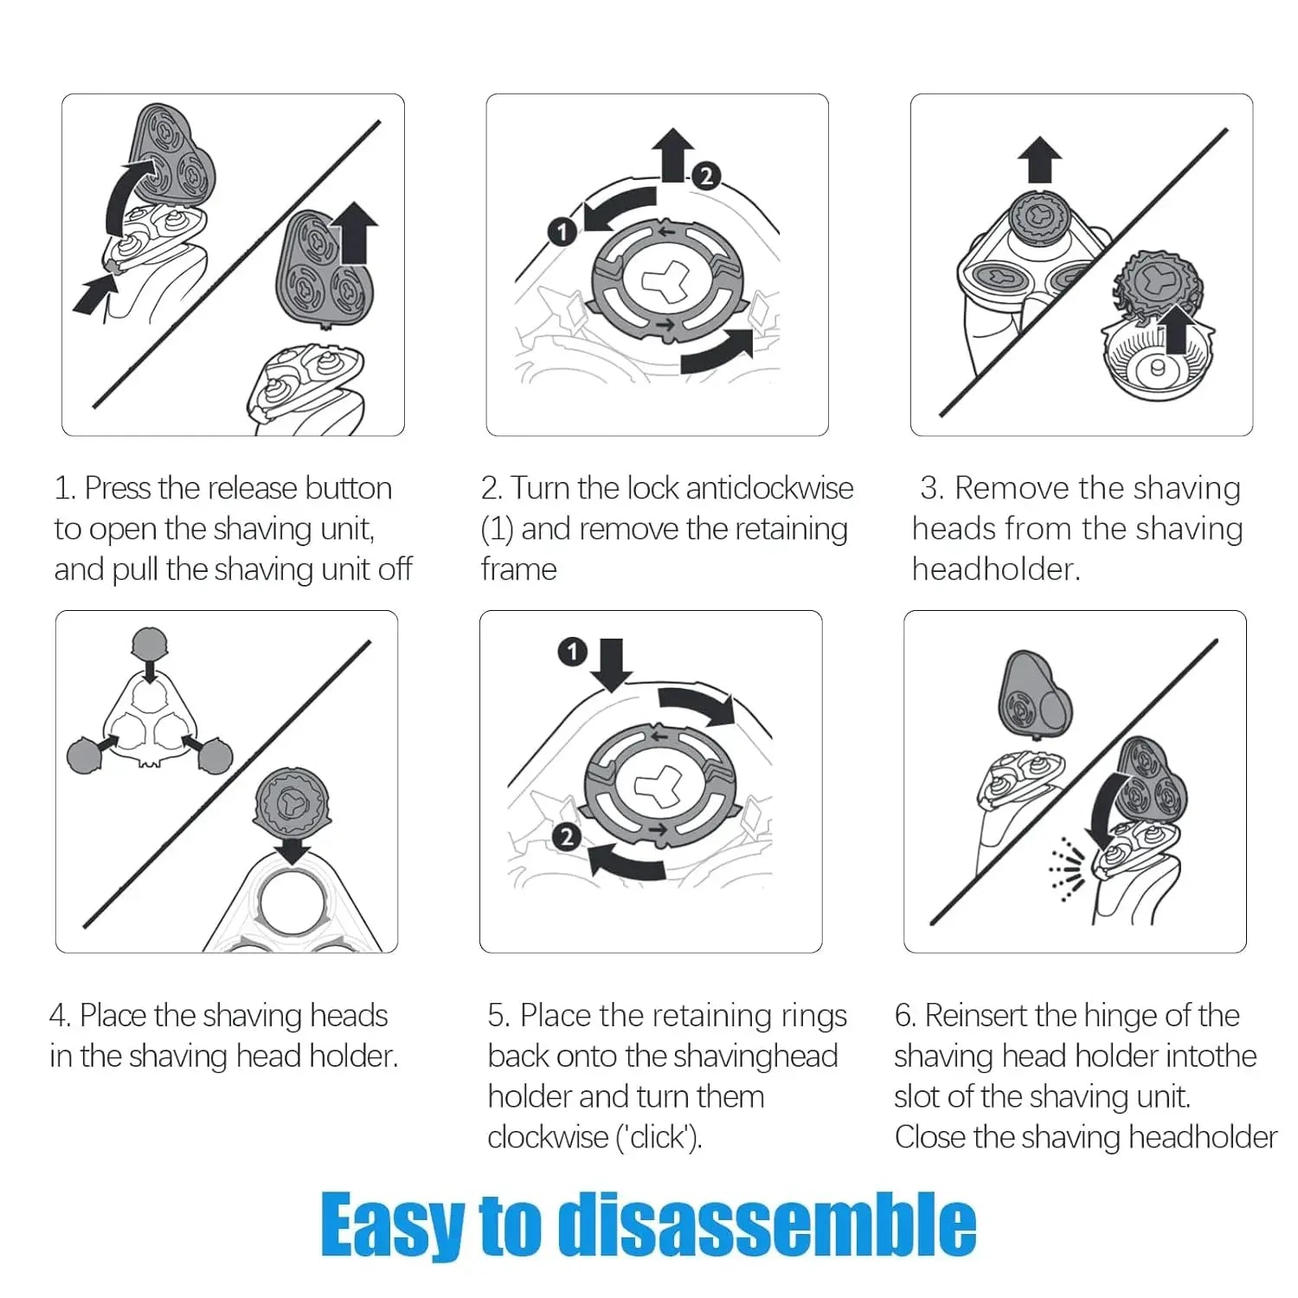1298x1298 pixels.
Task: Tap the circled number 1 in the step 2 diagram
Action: pyautogui.click(x=562, y=232)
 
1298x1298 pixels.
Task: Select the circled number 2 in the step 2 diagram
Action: pyautogui.click(x=707, y=176)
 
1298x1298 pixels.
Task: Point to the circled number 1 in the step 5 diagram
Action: pyautogui.click(x=572, y=652)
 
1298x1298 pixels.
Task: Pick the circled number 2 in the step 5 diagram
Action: pyautogui.click(x=567, y=837)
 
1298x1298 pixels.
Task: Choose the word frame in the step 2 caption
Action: pyautogui.click(x=519, y=569)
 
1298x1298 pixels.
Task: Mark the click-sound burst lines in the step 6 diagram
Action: pyautogui.click(x=1067, y=871)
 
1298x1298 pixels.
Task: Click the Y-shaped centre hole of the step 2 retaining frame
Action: pyautogui.click(x=665, y=283)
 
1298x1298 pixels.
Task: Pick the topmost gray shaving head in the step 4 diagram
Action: pyautogui.click(x=150, y=644)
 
